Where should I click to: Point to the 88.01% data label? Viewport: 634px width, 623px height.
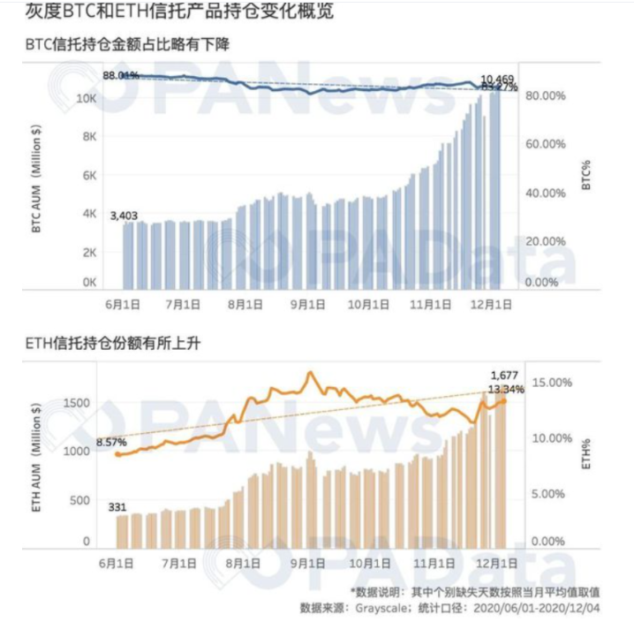(121, 76)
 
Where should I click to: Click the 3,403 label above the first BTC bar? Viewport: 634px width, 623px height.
(124, 215)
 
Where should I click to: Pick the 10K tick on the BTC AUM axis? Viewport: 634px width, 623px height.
(87, 97)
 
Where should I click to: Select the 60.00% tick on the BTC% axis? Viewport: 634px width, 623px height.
(545, 145)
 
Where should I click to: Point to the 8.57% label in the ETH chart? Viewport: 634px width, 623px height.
(110, 441)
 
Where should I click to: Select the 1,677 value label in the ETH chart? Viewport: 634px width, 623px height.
(504, 375)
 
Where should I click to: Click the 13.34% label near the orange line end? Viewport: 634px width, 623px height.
(506, 389)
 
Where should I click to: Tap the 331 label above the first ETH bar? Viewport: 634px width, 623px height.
(117, 507)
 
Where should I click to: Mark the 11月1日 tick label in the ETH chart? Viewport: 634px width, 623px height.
(433, 562)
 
